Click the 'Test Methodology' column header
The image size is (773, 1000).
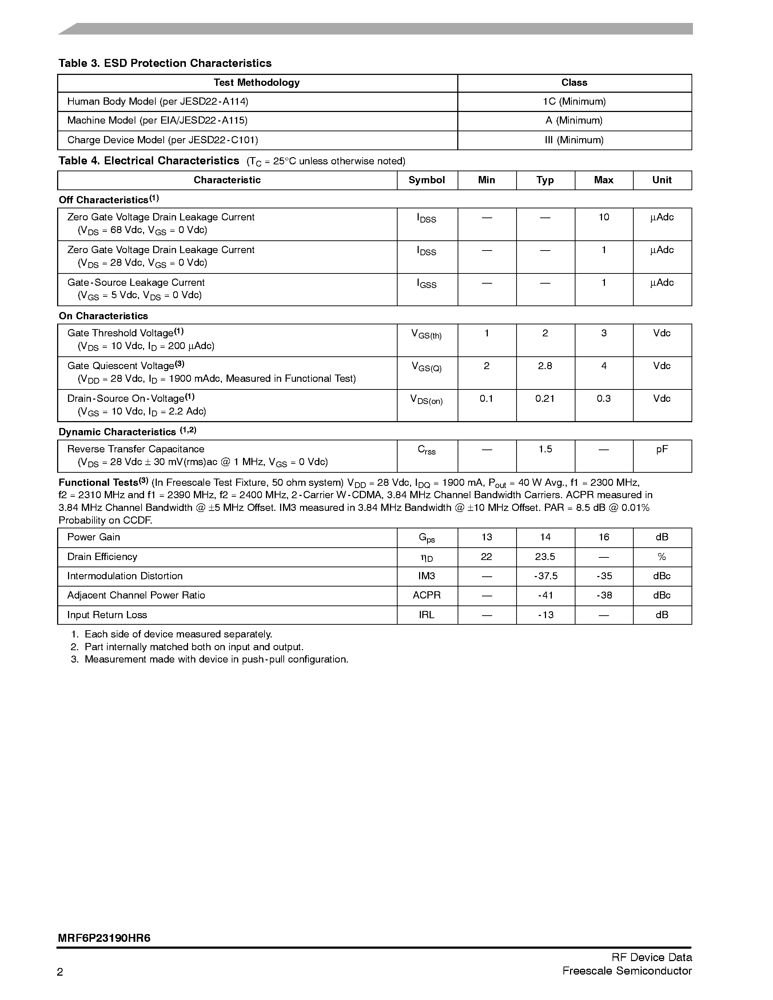tap(256, 83)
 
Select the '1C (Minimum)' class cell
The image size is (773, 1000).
tap(574, 102)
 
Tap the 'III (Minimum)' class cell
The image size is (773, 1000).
tap(574, 140)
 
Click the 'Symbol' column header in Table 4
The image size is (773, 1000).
tap(426, 180)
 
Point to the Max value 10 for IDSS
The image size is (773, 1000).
tap(603, 217)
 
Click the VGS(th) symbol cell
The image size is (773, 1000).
tap(426, 335)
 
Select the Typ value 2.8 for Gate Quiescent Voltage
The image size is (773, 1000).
tap(545, 366)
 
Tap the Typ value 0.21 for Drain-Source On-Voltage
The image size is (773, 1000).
tap(545, 399)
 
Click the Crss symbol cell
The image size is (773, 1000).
tap(426, 450)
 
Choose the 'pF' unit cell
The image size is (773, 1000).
tap(662, 449)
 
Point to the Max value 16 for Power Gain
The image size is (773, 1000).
tap(603, 537)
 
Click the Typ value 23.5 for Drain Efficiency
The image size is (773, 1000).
tap(545, 557)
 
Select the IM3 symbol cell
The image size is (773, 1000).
tap(426, 576)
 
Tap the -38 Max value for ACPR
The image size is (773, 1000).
tap(603, 595)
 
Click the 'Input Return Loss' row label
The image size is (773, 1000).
tap(107, 615)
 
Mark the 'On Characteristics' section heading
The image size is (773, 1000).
tap(104, 316)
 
